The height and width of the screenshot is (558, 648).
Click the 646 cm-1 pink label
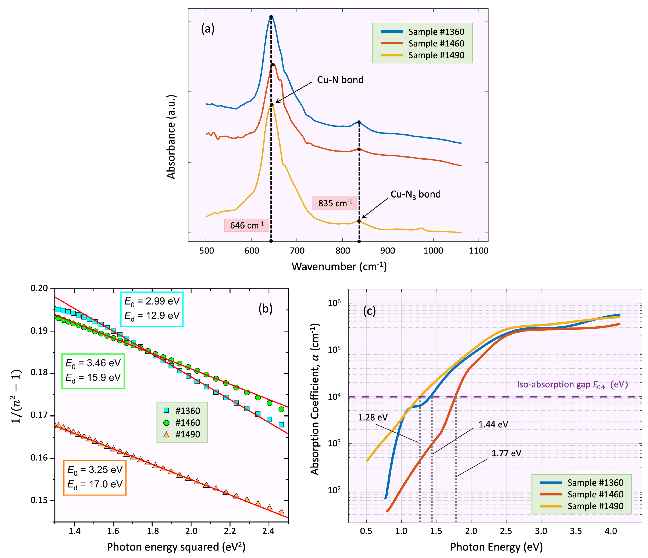click(x=246, y=225)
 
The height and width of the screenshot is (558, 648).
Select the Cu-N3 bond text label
click(x=415, y=194)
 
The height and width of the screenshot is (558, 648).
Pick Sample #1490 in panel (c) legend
click(x=595, y=506)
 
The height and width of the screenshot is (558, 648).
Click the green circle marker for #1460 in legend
click(x=166, y=422)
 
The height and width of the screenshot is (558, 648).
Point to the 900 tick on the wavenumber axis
click(x=388, y=251)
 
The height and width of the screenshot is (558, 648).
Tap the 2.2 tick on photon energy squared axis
click(x=230, y=531)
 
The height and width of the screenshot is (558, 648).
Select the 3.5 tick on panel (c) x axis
click(x=576, y=531)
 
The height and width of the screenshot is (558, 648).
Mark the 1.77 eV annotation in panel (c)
click(x=506, y=453)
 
